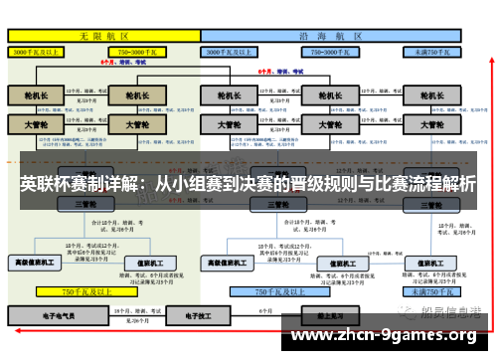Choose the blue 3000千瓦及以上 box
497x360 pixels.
[235, 50]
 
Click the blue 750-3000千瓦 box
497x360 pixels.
[329, 50]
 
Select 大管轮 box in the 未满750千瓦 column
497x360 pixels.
[431, 126]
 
